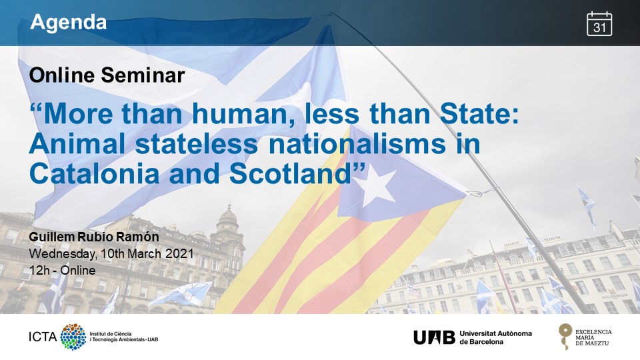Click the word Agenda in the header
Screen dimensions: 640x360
tap(68, 22)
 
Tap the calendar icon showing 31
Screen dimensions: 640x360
tap(599, 24)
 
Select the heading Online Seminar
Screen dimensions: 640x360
tap(107, 75)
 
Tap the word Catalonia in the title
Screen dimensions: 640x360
tap(94, 173)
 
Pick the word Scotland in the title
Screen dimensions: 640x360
tap(291, 173)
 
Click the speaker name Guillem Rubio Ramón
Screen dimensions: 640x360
tap(94, 237)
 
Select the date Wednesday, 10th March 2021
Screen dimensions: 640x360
tap(111, 254)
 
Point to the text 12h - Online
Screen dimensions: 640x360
tap(63, 270)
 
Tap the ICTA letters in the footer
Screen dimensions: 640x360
tap(43, 337)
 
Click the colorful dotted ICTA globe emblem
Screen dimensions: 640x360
tap(73, 337)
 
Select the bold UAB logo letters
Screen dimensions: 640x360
tap(434, 337)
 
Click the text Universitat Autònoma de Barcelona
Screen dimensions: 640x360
tap(495, 337)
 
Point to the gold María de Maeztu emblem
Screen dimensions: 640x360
tap(565, 336)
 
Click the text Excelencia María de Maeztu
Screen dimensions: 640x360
tap(593, 337)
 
